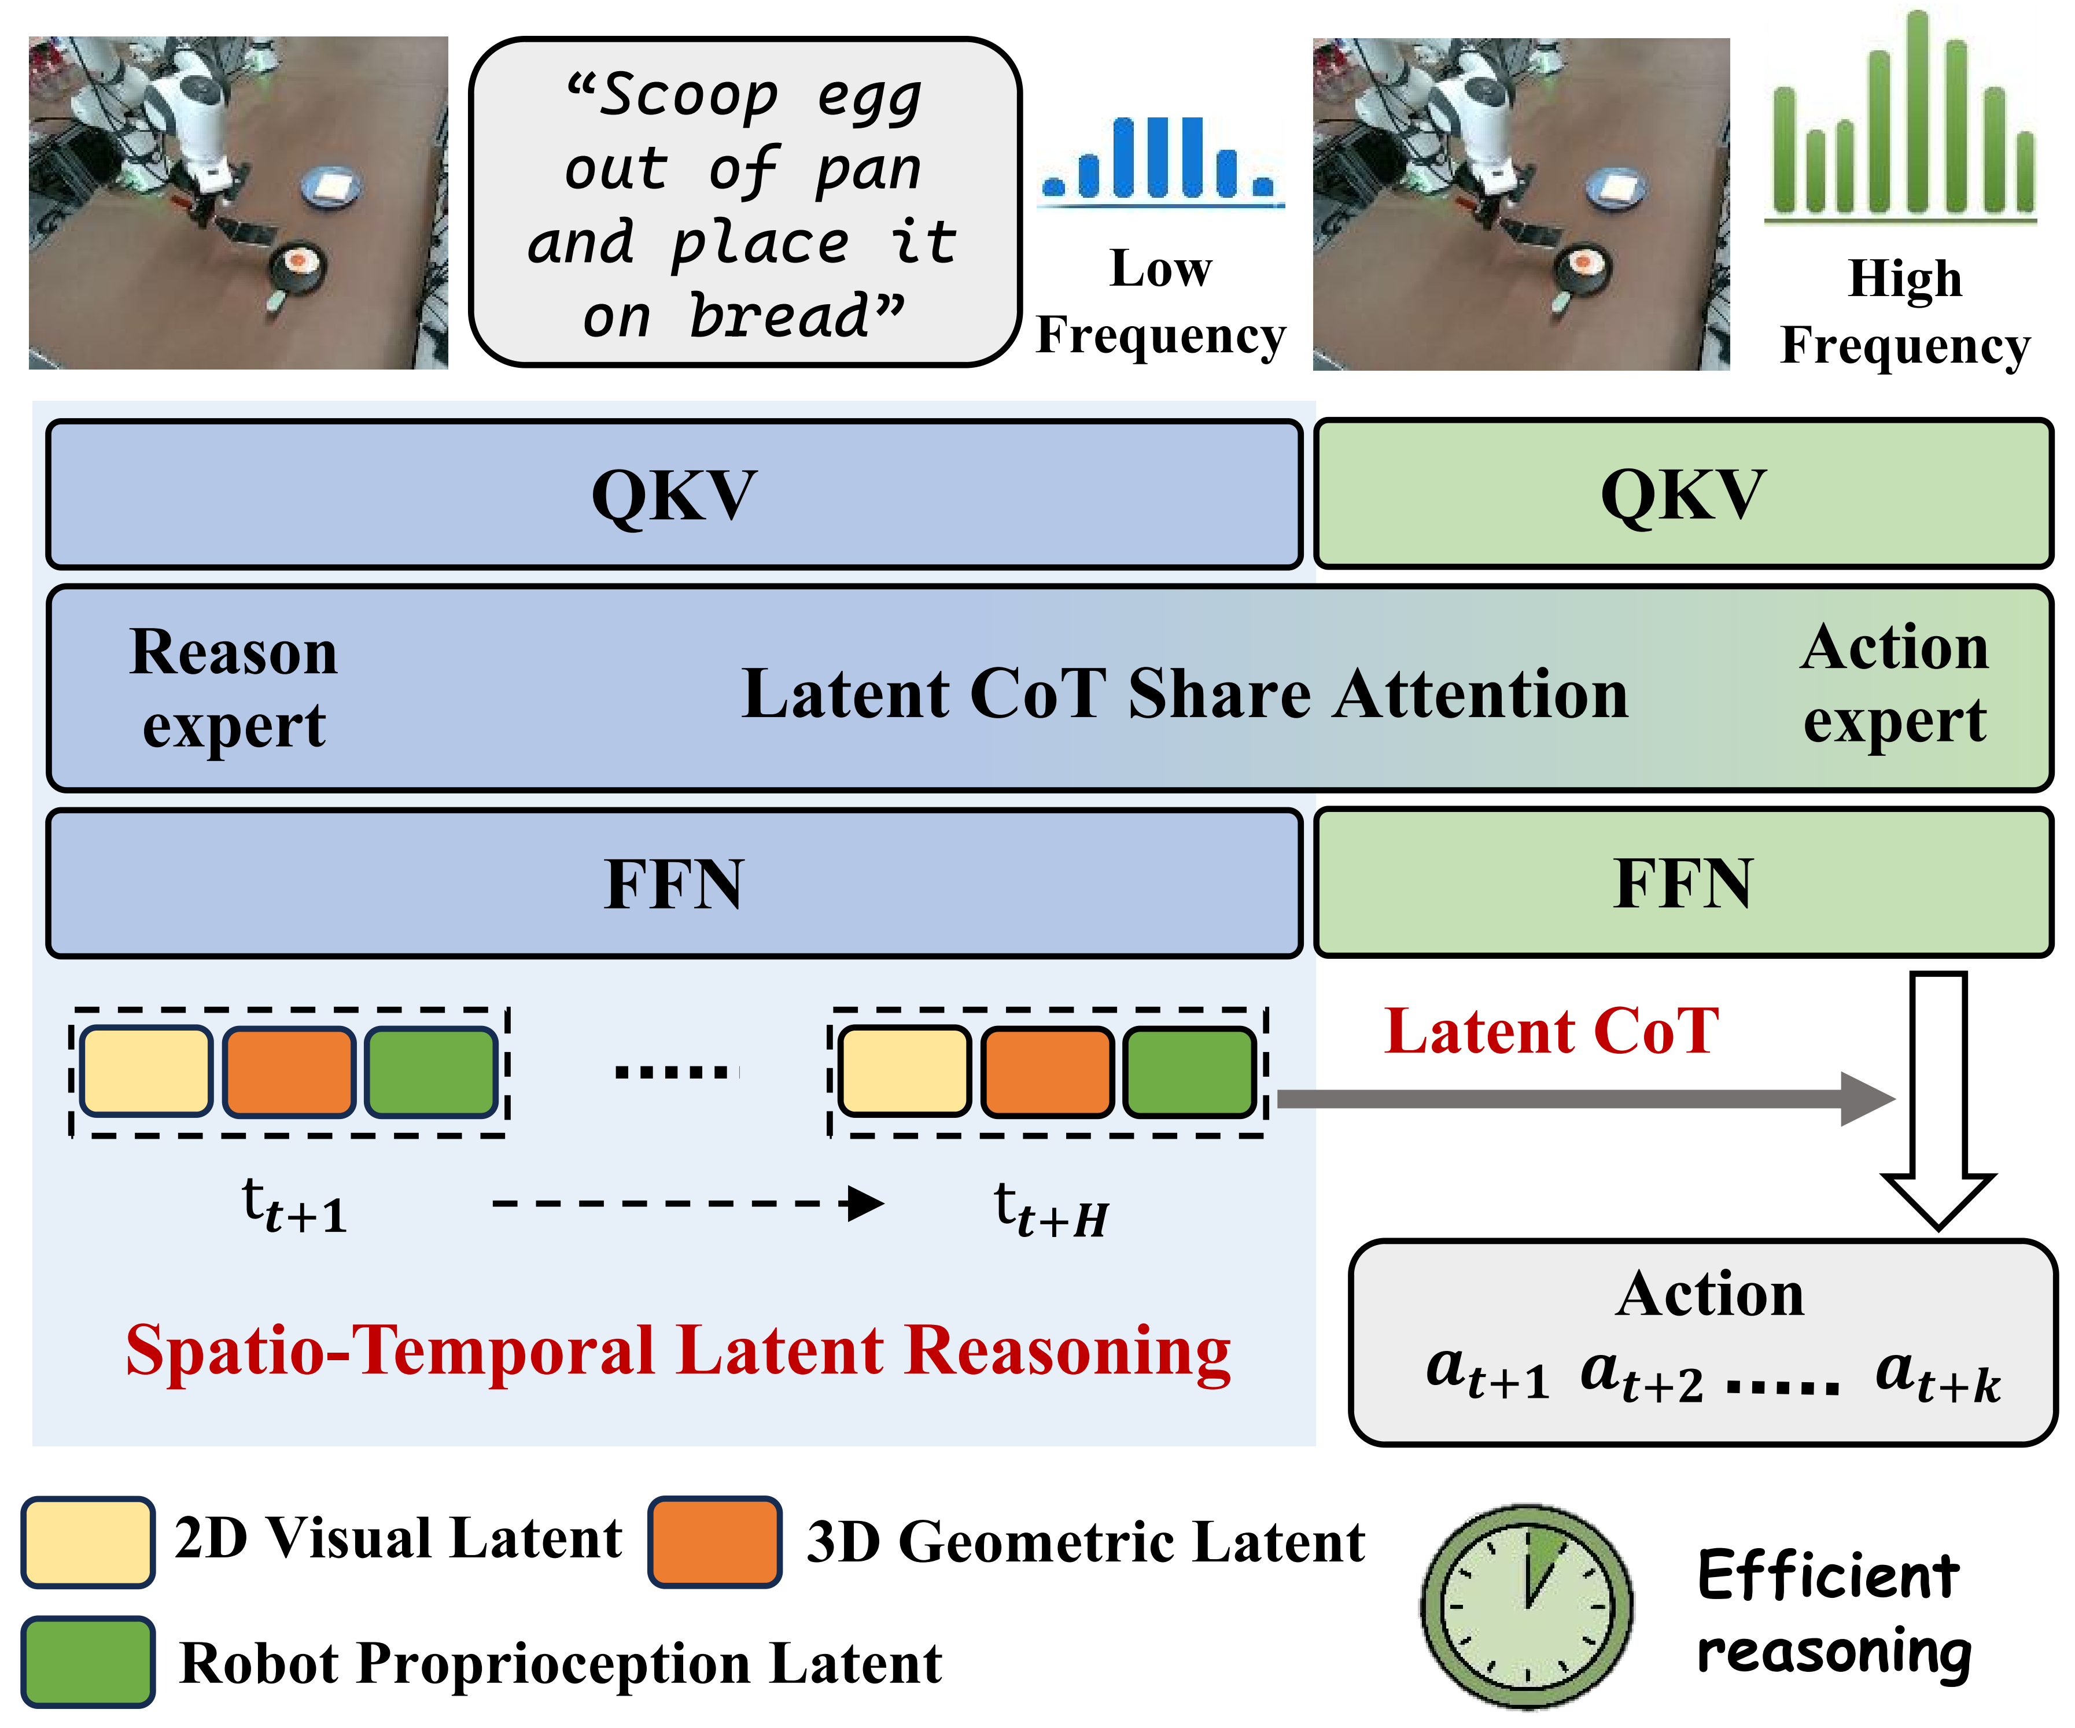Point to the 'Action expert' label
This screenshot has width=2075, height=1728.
pos(1894,684)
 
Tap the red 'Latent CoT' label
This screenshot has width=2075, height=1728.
pos(1551,1032)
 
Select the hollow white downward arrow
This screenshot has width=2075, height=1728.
pos(1938,1096)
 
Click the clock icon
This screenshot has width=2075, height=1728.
pos(1527,1605)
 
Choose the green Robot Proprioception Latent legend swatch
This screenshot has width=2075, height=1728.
pos(88,1662)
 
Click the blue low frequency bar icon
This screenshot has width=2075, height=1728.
pos(1162,161)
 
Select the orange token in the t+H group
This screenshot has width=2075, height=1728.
pos(1048,1072)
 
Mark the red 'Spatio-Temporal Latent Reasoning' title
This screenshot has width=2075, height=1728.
pos(678,1350)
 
